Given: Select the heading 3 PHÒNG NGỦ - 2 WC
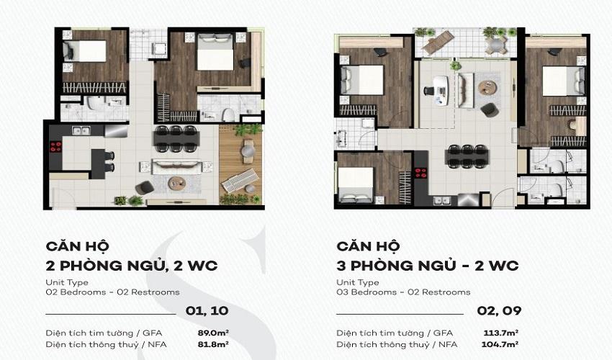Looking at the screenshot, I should [x=427, y=266].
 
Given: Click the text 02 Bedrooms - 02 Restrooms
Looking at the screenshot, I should [x=112, y=292].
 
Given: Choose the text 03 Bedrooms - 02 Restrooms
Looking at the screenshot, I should [x=403, y=292].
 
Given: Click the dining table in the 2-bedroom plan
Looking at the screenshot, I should [x=175, y=139].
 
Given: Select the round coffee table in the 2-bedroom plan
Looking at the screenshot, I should [x=177, y=183].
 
